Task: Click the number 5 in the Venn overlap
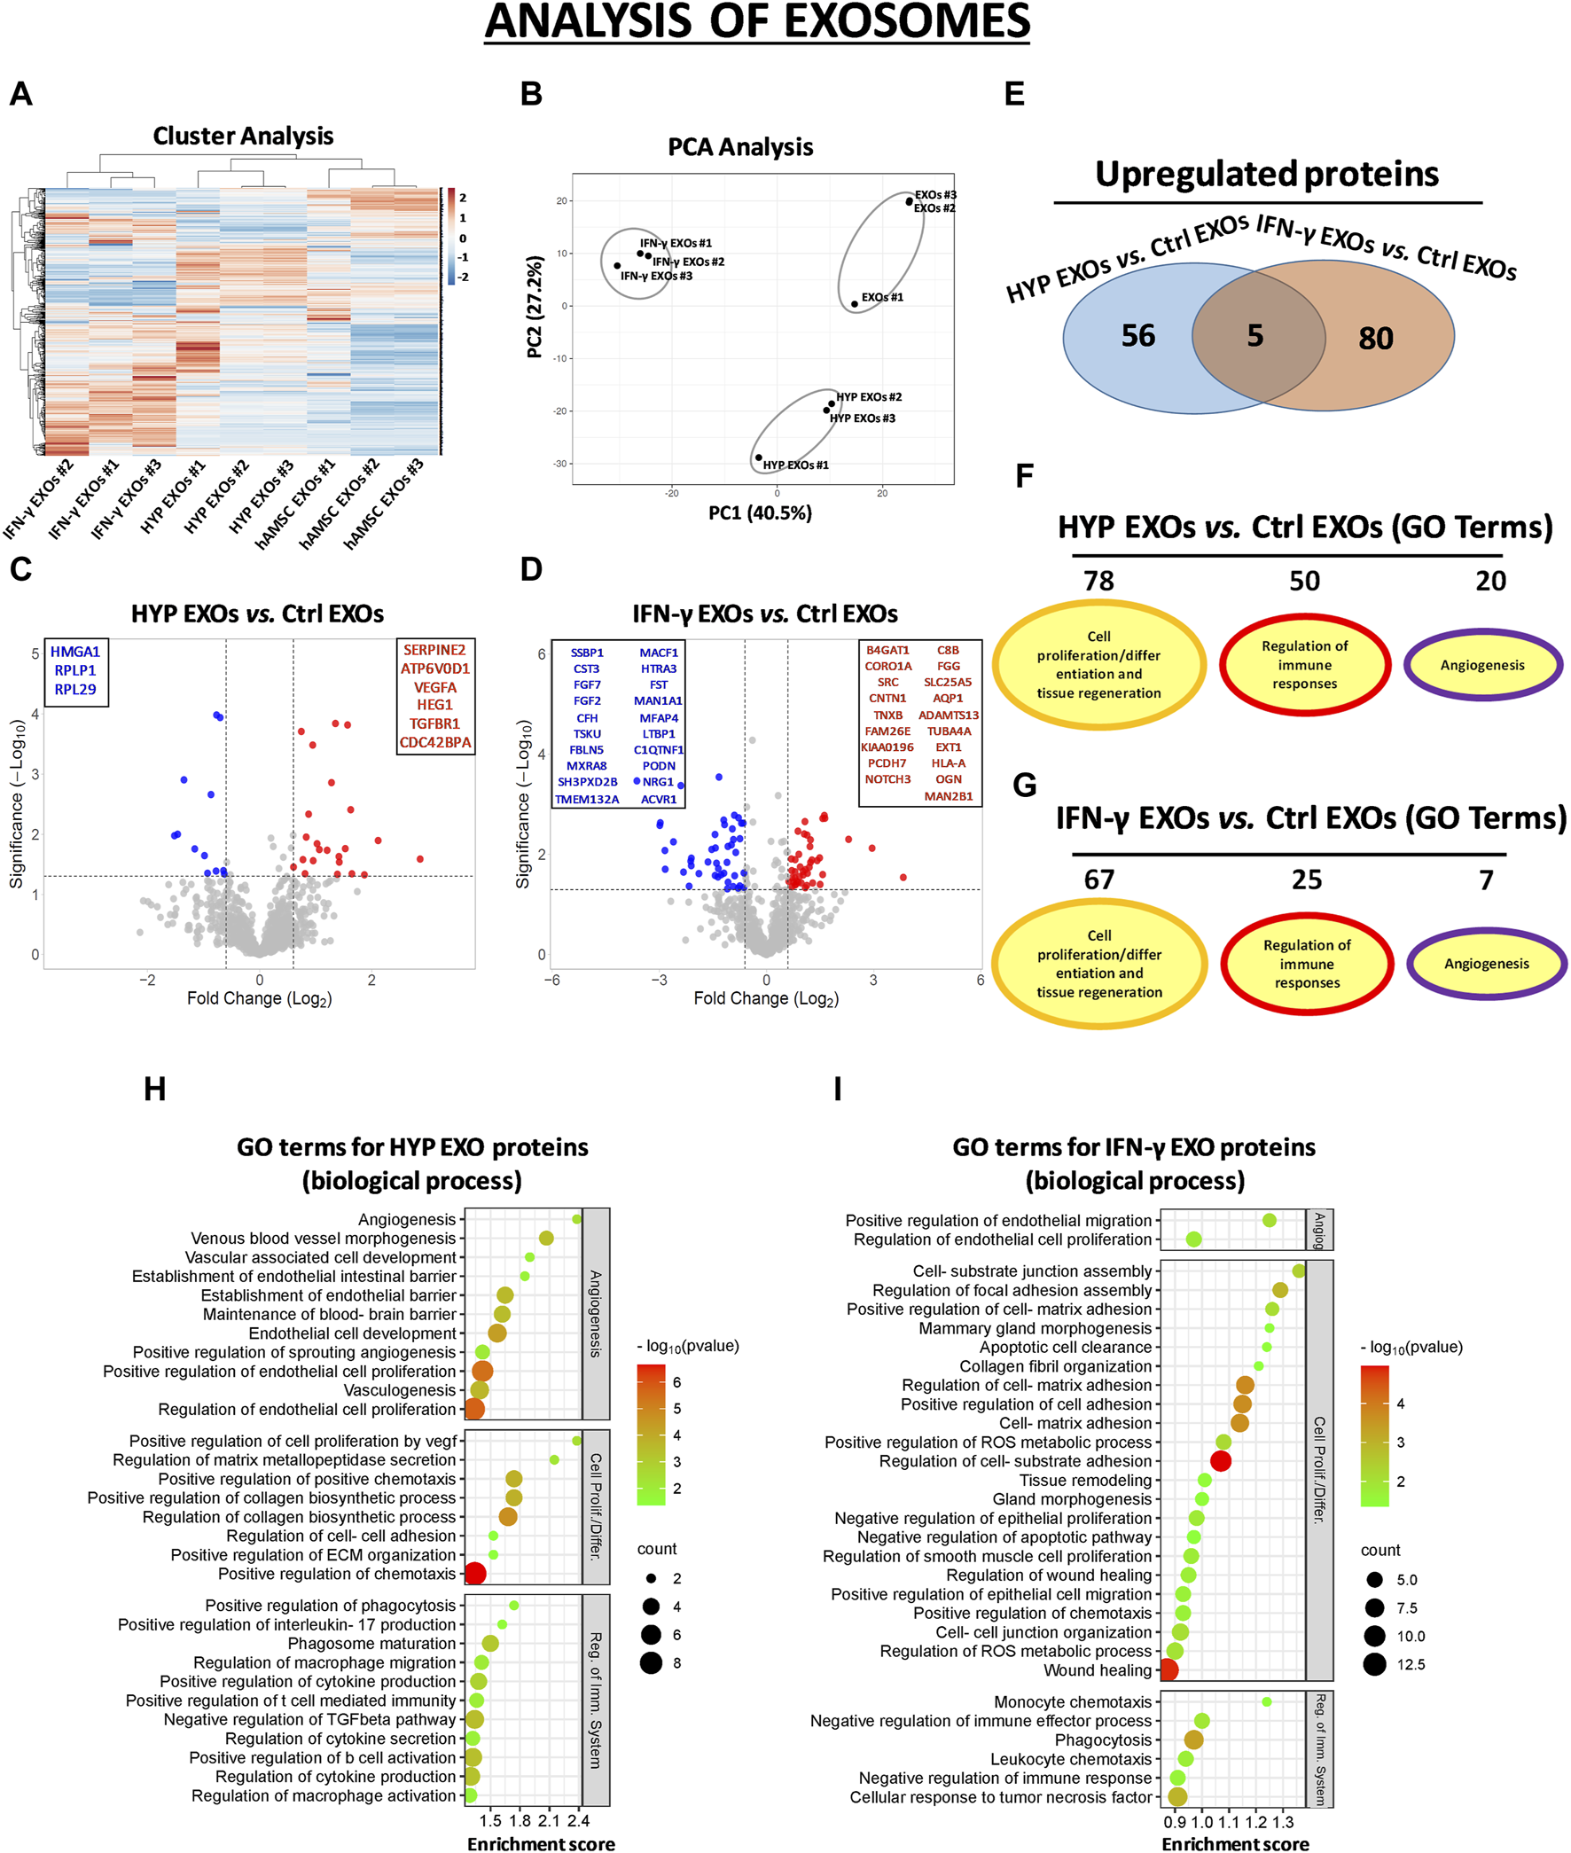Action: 1254,336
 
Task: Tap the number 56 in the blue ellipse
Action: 1137,336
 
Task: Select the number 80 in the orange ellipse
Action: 1375,339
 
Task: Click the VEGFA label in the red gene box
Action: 434,687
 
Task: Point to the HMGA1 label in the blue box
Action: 74,652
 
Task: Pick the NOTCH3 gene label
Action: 888,779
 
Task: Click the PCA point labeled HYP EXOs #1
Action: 759,457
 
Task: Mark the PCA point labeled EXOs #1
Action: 854,303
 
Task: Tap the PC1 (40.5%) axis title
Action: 760,512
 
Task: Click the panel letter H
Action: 155,1089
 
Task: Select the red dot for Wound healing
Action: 1168,1670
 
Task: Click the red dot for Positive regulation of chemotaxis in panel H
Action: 474,1574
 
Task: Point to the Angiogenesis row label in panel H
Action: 407,1219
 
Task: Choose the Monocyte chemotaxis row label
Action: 1072,1701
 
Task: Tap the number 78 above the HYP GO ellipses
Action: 1098,581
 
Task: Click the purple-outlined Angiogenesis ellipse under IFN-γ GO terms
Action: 1487,964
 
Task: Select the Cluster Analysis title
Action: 243,136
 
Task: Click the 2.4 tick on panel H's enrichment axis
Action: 578,1820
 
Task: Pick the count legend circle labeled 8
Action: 651,1662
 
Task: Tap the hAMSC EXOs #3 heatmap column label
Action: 385,503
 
